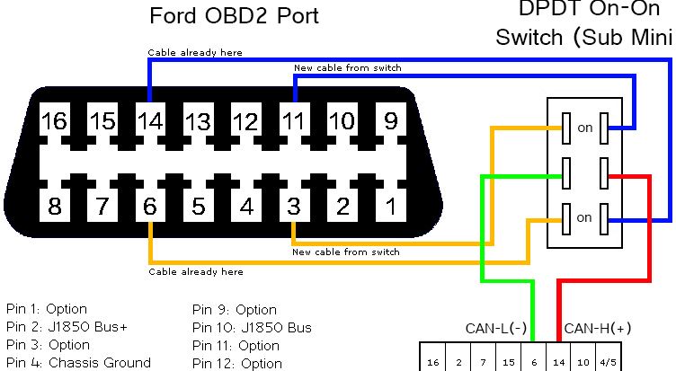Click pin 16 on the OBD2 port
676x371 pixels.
coord(54,120)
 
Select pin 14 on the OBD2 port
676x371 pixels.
coord(150,120)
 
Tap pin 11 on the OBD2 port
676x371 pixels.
coord(294,120)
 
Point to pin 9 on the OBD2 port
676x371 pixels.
coord(391,120)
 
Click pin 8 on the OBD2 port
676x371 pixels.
coord(54,206)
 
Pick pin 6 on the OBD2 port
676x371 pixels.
coord(150,206)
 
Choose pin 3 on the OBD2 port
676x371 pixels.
coord(294,206)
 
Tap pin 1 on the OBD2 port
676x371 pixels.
coord(391,206)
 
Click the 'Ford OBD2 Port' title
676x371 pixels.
coord(234,16)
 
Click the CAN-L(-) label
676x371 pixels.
coord(496,329)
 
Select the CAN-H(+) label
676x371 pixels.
coord(598,329)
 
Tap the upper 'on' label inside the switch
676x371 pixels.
coord(585,128)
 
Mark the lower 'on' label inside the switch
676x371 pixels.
coord(584,217)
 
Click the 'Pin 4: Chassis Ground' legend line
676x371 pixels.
coord(78,363)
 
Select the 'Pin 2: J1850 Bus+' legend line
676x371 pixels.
coord(67,327)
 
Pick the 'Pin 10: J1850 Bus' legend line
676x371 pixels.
coord(252,328)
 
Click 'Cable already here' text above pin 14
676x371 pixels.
coord(195,53)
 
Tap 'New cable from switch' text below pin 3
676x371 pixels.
coord(346,252)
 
